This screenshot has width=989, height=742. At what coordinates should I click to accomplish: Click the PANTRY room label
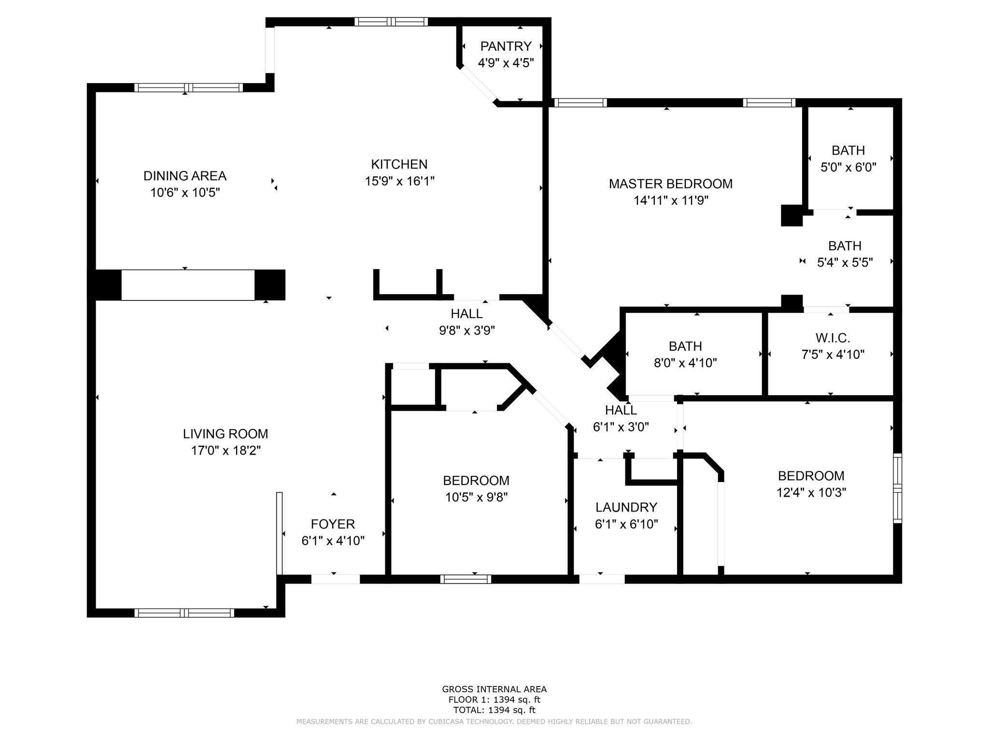[x=506, y=46]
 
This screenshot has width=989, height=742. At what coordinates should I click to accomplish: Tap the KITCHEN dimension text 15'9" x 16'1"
[x=399, y=181]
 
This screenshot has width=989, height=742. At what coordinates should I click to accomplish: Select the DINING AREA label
[x=185, y=176]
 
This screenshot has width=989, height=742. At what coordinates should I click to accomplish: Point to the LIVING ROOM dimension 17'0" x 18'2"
[x=226, y=451]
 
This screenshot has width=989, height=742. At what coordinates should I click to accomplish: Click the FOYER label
[x=333, y=524]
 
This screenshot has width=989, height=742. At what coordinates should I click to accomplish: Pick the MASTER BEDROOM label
[x=671, y=184]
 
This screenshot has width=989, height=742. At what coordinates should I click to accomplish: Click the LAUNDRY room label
[x=626, y=507]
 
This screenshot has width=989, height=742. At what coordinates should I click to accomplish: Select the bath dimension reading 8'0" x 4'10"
[x=685, y=363]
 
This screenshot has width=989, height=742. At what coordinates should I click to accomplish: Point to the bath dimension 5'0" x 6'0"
[x=848, y=167]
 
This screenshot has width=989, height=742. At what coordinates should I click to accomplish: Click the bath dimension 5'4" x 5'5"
[x=845, y=262]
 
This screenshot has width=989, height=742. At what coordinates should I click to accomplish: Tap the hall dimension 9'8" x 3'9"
[x=467, y=330]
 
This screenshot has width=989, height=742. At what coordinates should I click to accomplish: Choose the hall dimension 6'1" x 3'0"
[x=621, y=427]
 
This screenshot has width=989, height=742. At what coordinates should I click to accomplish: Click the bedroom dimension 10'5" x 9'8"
[x=477, y=497]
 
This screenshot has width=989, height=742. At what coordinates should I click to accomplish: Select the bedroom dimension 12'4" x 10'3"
[x=811, y=493]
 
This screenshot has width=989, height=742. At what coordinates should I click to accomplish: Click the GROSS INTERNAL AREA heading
[x=494, y=689]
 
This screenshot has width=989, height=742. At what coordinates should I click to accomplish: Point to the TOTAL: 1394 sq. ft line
[x=494, y=710]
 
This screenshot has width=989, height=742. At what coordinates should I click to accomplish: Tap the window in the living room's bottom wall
[x=184, y=613]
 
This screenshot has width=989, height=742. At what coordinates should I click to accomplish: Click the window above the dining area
[x=189, y=87]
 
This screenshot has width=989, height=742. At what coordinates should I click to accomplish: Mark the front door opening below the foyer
[x=336, y=579]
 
